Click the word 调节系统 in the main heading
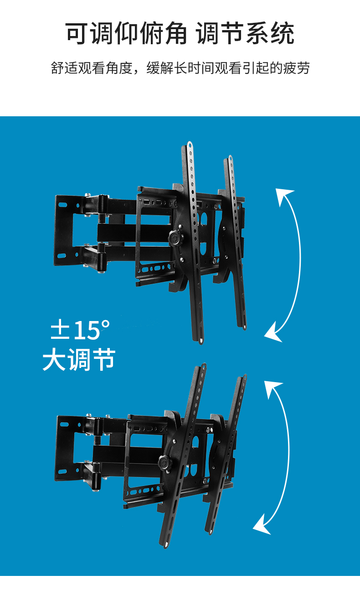245,33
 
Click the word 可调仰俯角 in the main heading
126,33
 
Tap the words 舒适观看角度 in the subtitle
92,68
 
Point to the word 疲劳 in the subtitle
296,68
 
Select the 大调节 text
79,359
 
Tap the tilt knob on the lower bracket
165,463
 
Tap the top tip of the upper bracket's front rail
190,143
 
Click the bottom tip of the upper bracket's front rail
201,342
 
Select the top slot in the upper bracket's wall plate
63,205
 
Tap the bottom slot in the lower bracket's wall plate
62,472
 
